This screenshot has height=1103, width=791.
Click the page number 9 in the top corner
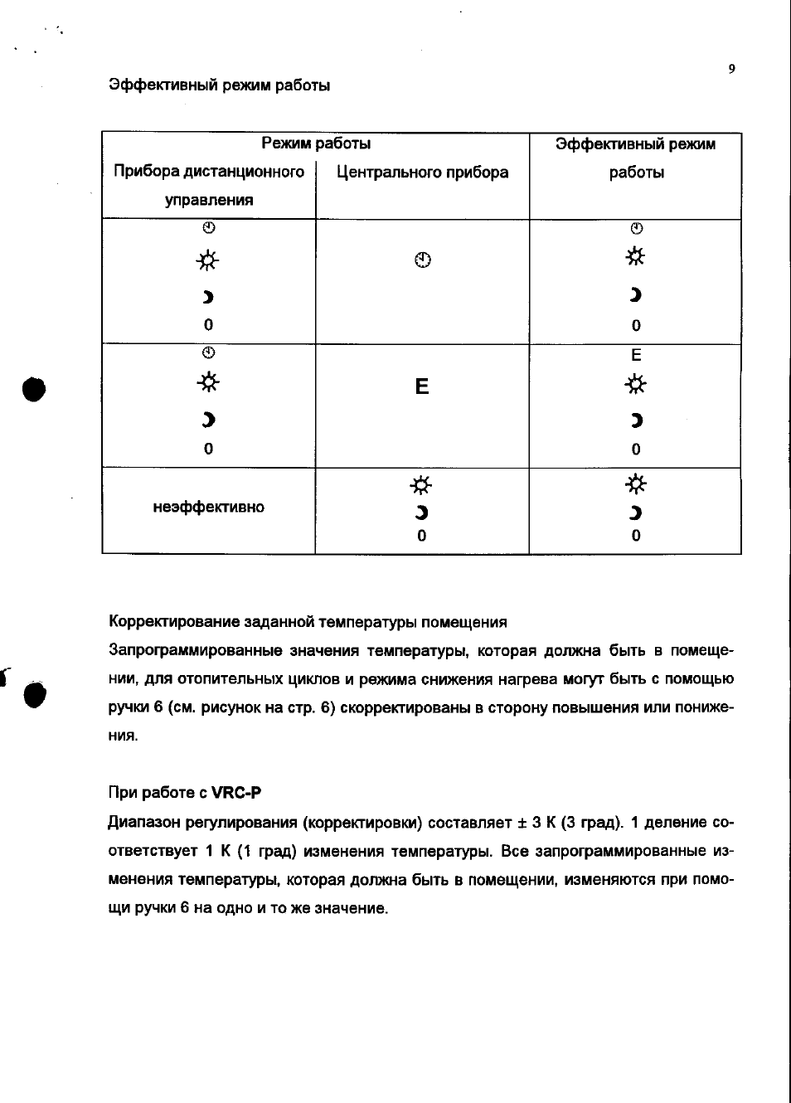pyautogui.click(x=731, y=69)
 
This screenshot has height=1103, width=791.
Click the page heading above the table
pyautogui.click(x=220, y=85)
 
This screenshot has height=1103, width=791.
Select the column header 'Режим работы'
pyautogui.click(x=316, y=143)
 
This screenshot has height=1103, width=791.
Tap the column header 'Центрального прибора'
pyautogui.click(x=422, y=172)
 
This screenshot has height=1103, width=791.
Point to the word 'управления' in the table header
pyautogui.click(x=209, y=200)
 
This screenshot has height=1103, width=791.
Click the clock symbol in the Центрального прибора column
pyautogui.click(x=423, y=260)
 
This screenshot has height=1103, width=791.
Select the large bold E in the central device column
pyautogui.click(x=422, y=386)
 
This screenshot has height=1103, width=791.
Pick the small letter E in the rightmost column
pyautogui.click(x=636, y=356)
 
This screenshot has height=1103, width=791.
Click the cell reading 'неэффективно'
pyautogui.click(x=209, y=507)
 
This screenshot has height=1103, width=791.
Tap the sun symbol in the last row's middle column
pyautogui.click(x=422, y=484)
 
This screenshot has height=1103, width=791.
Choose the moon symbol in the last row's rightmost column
pyautogui.click(x=636, y=513)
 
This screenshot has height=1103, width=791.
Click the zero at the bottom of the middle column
pyautogui.click(x=422, y=537)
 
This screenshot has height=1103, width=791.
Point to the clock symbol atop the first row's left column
pyautogui.click(x=209, y=228)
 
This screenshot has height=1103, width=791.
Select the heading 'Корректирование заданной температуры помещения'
pyautogui.click(x=308, y=622)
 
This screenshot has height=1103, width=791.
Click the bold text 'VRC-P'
pyautogui.click(x=236, y=792)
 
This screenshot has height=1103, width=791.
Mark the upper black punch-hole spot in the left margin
pyautogui.click(x=34, y=388)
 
